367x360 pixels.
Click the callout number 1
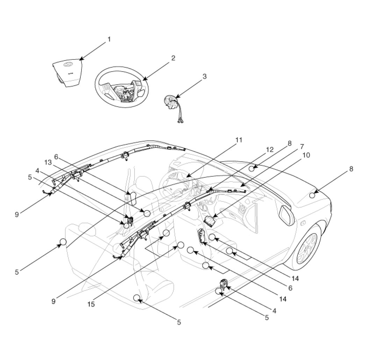pyautogui.click(x=109, y=39)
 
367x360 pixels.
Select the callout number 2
pyautogui.click(x=173, y=58)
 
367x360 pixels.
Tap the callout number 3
pyautogui.click(x=204, y=76)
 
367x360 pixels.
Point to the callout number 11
pyautogui.click(x=239, y=140)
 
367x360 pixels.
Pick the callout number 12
pyautogui.click(x=270, y=150)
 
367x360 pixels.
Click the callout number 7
pyautogui.click(x=302, y=147)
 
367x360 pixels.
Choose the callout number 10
pyautogui.click(x=306, y=155)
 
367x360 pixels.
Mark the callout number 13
pyautogui.click(x=48, y=163)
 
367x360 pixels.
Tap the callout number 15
pyautogui.click(x=91, y=304)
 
